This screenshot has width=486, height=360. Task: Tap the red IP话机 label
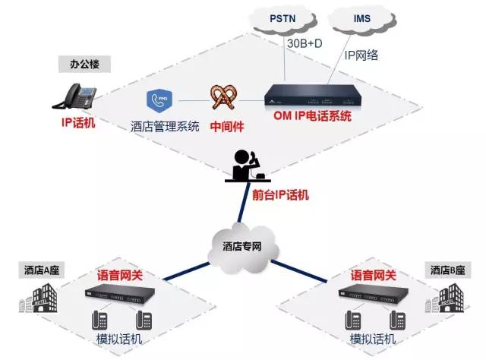point(78,122)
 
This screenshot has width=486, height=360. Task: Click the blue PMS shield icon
point(158,101)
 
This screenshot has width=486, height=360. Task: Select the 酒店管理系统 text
point(165,126)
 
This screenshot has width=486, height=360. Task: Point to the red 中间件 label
point(225,125)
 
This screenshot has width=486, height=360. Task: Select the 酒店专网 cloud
point(242,245)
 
